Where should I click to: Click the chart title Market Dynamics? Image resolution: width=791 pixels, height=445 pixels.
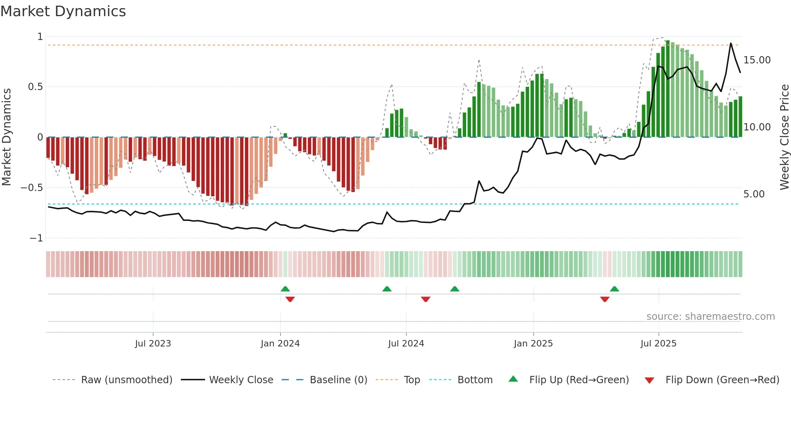point(63,11)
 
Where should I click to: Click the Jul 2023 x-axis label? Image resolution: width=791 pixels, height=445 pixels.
point(153,343)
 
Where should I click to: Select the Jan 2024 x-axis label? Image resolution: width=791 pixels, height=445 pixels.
point(280,343)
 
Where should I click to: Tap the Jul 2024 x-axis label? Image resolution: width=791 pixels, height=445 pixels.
point(406,343)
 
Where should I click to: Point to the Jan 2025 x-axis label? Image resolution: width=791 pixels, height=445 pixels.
point(533,343)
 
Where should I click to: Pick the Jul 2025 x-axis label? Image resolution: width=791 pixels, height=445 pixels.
point(658,343)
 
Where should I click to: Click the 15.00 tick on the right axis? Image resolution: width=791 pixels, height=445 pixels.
point(757,60)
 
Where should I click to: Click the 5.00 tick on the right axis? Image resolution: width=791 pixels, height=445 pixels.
point(754,194)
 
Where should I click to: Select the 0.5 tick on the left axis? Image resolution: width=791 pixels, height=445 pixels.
point(35,87)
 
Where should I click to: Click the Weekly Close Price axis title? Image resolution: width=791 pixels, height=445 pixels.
point(784,137)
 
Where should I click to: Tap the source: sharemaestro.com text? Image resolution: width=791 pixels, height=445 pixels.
point(710,316)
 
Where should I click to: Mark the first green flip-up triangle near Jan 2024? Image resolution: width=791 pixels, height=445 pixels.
point(285,289)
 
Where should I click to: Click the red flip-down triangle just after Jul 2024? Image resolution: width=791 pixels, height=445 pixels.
point(426,299)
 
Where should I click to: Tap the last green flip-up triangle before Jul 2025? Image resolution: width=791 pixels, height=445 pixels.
point(614,289)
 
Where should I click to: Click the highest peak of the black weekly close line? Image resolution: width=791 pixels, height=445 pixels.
point(730,43)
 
